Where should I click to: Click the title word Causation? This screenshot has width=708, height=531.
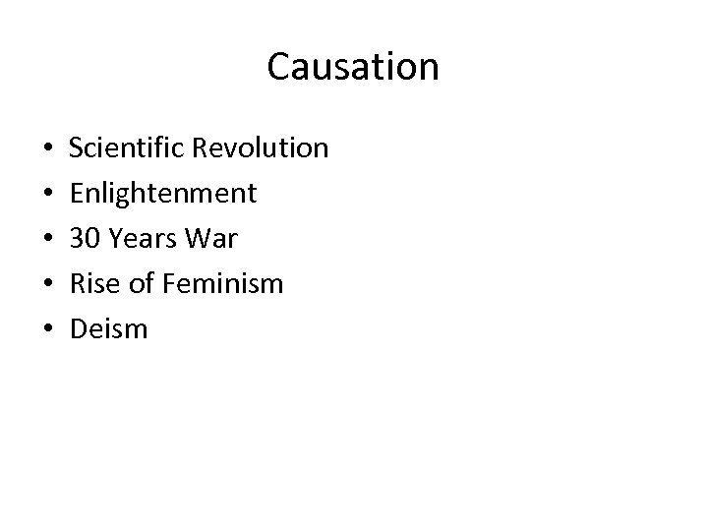[x=353, y=67]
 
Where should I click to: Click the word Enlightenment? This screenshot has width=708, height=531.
[x=163, y=194]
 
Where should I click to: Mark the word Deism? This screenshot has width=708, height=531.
[x=108, y=329]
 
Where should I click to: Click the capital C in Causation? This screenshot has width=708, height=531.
[x=278, y=67]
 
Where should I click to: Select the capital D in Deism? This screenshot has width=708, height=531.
[x=79, y=329]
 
